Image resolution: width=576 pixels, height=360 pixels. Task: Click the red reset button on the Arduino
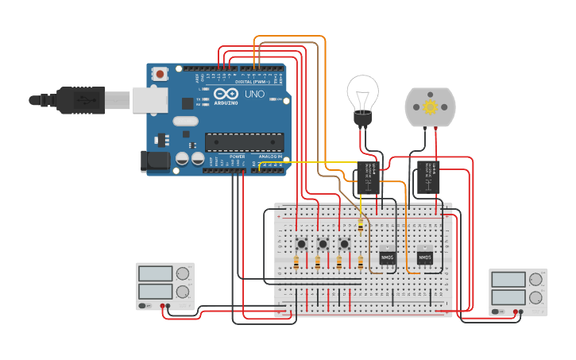click(x=160, y=74)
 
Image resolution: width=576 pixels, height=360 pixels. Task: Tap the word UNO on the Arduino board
click(x=254, y=94)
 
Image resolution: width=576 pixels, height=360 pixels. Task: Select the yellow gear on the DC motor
click(x=431, y=106)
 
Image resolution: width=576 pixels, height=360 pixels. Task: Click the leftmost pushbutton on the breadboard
click(x=302, y=243)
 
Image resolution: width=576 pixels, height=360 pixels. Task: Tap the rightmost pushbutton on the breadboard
click(x=345, y=243)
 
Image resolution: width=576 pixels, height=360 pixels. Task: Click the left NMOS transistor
click(x=387, y=258)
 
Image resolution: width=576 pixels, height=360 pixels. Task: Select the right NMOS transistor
click(x=424, y=258)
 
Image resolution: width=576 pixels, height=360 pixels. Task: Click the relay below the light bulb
click(x=368, y=176)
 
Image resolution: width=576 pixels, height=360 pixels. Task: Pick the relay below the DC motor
click(x=428, y=176)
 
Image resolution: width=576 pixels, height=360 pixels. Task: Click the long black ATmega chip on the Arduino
click(x=244, y=141)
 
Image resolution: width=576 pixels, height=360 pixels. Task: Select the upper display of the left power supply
click(x=155, y=273)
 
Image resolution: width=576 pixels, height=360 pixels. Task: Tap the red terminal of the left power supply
click(x=162, y=306)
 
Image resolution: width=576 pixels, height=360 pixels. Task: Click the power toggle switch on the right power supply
click(x=497, y=312)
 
